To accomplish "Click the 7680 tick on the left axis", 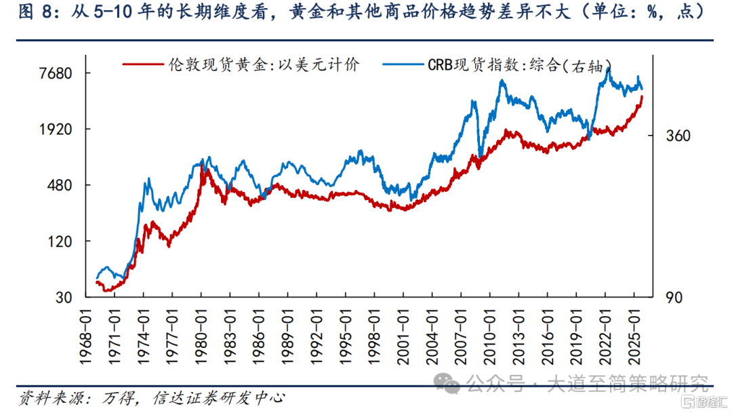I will click(x=54, y=73).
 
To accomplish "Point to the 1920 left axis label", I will click(x=54, y=130).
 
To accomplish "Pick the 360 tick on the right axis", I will click(x=678, y=136).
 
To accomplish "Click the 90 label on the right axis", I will click(x=673, y=297).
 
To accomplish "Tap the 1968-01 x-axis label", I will click(x=86, y=333).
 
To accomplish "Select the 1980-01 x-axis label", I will click(x=202, y=333).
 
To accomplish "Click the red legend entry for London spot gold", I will click(x=241, y=65).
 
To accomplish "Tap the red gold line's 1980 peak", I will click(x=203, y=166).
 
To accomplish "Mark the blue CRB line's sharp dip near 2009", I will click(x=480, y=154).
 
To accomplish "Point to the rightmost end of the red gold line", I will click(x=642, y=97).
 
